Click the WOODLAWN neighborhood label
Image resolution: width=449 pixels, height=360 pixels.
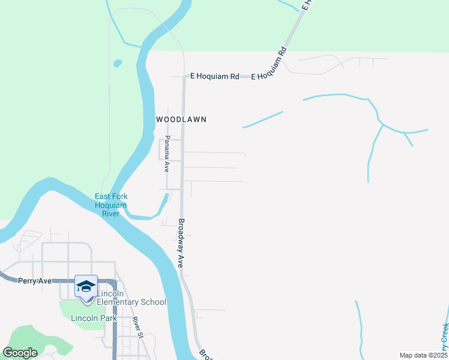pos(181,119)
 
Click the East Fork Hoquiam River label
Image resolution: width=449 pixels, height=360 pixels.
pos(111,205)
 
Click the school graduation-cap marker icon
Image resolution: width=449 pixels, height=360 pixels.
pos(86,286)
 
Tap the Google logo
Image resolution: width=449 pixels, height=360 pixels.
pos(20,353)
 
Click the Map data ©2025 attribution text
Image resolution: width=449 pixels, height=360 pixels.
pos(423,355)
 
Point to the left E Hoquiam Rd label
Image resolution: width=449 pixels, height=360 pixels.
pos(215,76)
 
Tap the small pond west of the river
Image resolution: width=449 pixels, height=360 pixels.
pos(118,63)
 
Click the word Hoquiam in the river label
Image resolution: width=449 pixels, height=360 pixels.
pos(111,205)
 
